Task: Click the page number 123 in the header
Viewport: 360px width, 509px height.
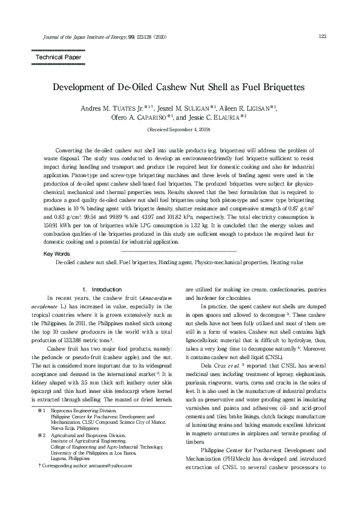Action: pyautogui.click(x=322, y=37)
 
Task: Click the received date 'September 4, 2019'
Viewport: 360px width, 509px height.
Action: pyautogui.click(x=185, y=129)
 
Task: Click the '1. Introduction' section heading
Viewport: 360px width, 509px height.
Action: pyautogui.click(x=102, y=290)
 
